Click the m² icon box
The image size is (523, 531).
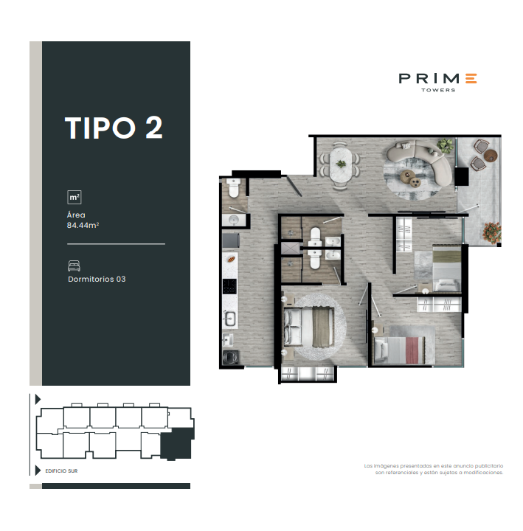pyautogui.click(x=74, y=197)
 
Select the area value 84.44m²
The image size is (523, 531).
pyautogui.click(x=83, y=226)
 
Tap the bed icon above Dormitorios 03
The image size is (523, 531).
pyautogui.click(x=74, y=265)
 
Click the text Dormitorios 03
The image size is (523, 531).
pyautogui.click(x=97, y=280)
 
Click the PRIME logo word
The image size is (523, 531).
pyautogui.click(x=437, y=78)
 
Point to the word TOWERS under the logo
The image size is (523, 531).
pyautogui.click(x=437, y=91)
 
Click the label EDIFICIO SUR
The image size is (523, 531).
pyautogui.click(x=61, y=470)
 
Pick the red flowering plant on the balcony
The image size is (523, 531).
pyautogui.click(x=490, y=230)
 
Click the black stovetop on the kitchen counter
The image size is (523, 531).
pyautogui.click(x=229, y=285)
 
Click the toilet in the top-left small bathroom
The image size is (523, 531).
pyautogui.click(x=233, y=190)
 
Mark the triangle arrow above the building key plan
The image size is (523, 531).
pyautogui.click(x=38, y=398)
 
